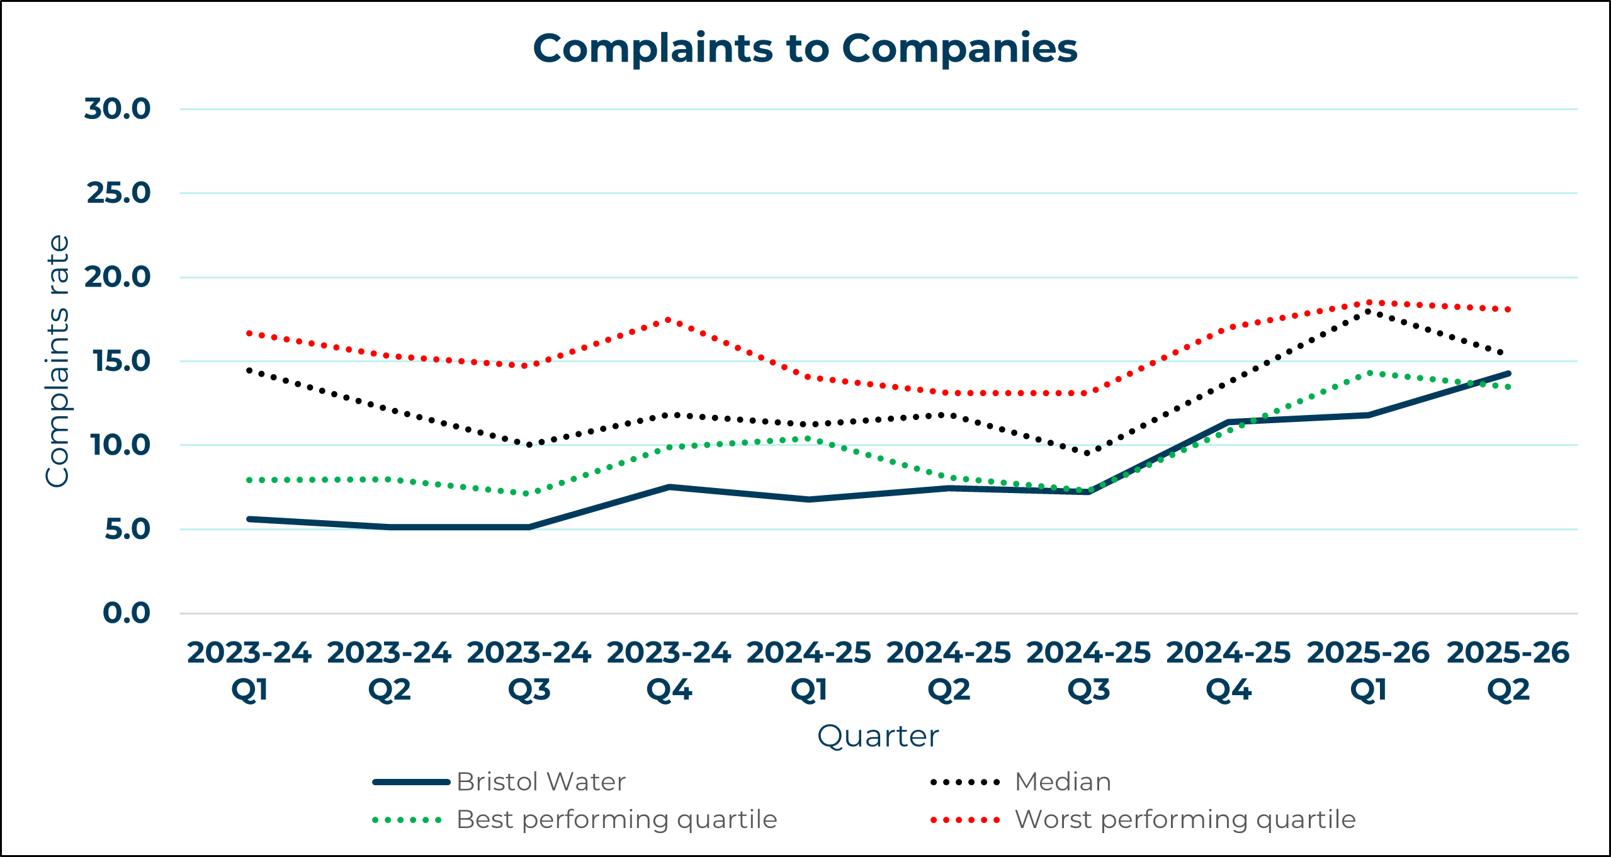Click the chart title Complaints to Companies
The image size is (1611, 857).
click(x=805, y=48)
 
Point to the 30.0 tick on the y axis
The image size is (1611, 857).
click(x=118, y=109)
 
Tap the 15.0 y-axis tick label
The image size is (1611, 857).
click(x=122, y=361)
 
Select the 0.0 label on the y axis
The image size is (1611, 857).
click(x=127, y=613)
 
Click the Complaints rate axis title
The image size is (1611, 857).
click(x=57, y=361)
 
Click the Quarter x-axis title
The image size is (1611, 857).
click(x=878, y=736)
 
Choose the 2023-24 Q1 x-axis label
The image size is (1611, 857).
click(x=249, y=671)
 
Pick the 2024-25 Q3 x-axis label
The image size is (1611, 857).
click(x=1088, y=671)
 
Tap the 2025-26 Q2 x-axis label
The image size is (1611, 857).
click(x=1508, y=671)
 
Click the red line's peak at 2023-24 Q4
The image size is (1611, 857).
click(x=669, y=320)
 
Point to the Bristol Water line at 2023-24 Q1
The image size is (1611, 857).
click(x=250, y=519)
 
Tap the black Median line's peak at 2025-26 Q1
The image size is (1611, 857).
click(x=1368, y=311)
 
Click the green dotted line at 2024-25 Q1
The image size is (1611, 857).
click(x=809, y=438)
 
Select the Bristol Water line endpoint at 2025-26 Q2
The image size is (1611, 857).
click(x=1508, y=373)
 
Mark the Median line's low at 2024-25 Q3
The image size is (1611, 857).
click(x=1088, y=453)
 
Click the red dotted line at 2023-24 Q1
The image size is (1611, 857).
click(x=250, y=332)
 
